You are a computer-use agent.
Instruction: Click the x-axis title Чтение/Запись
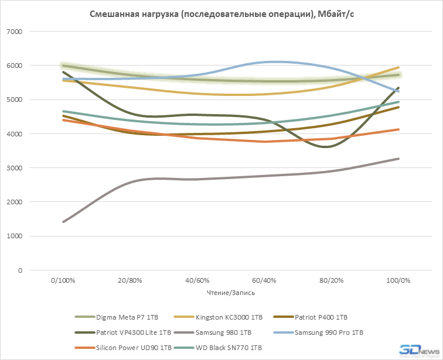230,292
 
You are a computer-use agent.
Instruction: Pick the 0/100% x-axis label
63,280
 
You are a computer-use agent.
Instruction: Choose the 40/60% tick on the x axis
197,280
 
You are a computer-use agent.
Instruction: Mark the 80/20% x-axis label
331,280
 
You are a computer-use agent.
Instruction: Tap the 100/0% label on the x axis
398,280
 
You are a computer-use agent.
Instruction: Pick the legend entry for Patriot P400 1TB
322,317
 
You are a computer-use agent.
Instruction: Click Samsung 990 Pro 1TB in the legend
329,332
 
